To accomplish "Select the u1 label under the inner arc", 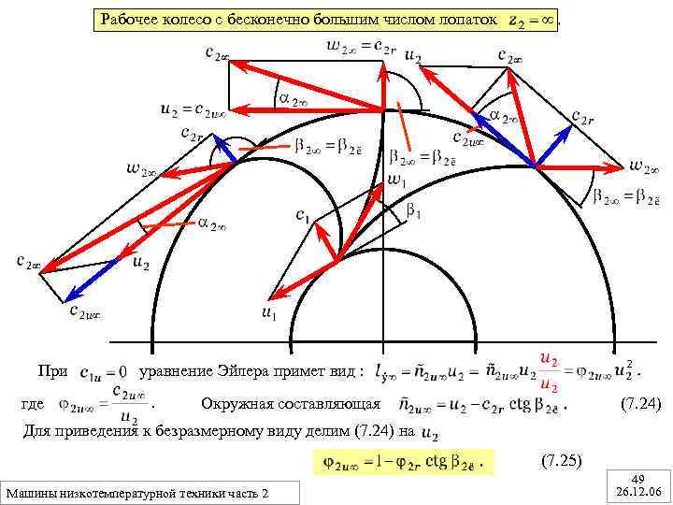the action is pyautogui.click(x=268, y=314).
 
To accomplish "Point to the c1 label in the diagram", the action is pyautogui.click(x=303, y=216).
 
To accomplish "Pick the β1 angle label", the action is pyautogui.click(x=413, y=213).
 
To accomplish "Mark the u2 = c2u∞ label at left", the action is pyautogui.click(x=193, y=109).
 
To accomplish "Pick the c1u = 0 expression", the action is pyautogui.click(x=104, y=372).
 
